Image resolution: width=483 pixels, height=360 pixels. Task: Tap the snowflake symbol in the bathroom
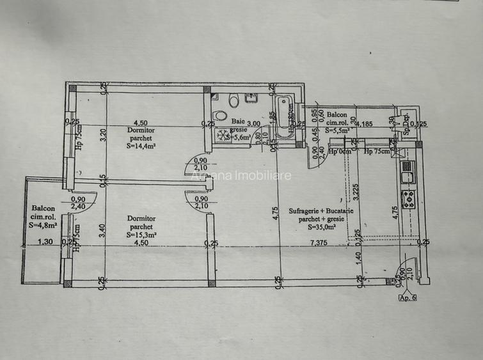click(224, 136)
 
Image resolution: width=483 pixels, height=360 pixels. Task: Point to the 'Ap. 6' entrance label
click(407, 297)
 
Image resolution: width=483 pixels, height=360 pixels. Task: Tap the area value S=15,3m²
click(140, 235)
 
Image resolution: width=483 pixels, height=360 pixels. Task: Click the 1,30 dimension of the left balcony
click(45, 242)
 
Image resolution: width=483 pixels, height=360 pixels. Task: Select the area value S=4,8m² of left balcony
click(45, 224)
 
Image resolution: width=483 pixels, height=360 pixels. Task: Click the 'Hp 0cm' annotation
click(340, 152)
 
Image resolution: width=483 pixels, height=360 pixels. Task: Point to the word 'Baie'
click(237, 121)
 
